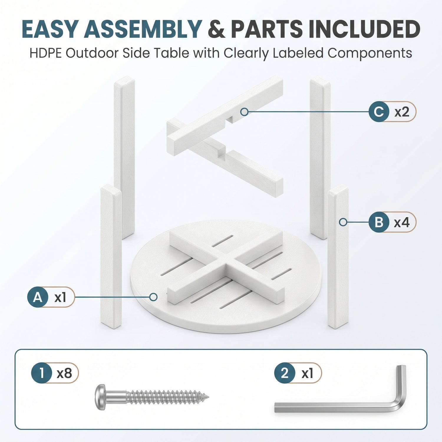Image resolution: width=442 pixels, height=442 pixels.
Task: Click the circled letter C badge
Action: pos(379,112)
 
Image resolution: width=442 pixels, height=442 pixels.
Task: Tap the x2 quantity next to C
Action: pos(402,112)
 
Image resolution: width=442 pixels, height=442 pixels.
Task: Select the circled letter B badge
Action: pos(379,222)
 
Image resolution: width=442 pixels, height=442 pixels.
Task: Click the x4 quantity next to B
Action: pos(402,222)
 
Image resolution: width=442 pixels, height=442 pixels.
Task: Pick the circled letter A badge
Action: pos(38,297)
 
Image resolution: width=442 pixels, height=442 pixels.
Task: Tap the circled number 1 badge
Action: pos(42,373)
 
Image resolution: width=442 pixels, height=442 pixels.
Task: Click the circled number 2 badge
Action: pos(285,373)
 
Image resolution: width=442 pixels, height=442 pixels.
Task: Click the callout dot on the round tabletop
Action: pos(153,297)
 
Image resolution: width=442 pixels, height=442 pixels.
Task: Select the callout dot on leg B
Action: pos(343,222)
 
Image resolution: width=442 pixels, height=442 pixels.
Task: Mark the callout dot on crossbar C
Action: pos(244,112)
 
